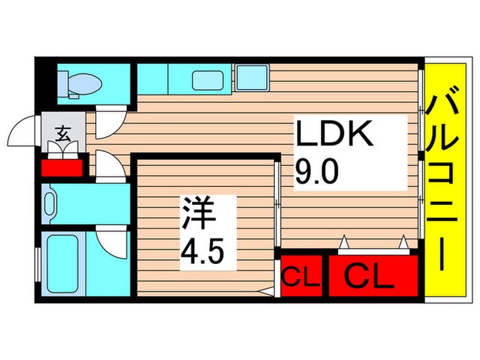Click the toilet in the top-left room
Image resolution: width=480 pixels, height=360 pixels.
[x=81, y=84]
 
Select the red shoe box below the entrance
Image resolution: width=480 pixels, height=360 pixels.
[x=62, y=167]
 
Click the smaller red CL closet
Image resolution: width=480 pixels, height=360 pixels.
[x=300, y=278]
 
